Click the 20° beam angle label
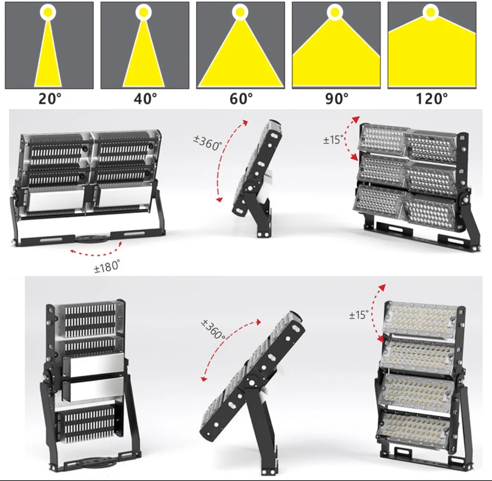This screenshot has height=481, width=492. pos(50,98)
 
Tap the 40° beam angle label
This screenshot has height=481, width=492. pos(145,98)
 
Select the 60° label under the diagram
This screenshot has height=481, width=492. pos(241,98)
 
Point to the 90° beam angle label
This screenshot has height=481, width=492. pos(337,98)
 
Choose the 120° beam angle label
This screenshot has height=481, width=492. pos(432,98)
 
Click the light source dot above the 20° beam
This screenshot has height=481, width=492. pos(48,12)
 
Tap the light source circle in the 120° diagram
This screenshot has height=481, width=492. pos(431,12)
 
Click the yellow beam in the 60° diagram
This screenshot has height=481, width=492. pos(241,59)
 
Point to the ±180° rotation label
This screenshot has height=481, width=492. pos(107,266)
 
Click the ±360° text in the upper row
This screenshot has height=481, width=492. pos(207,143)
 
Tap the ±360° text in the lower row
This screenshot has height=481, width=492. pos(214,329)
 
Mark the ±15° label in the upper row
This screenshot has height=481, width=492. pos(334,139)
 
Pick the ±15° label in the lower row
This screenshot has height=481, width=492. pos(359,314)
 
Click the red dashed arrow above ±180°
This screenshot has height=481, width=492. pos(96,250)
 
